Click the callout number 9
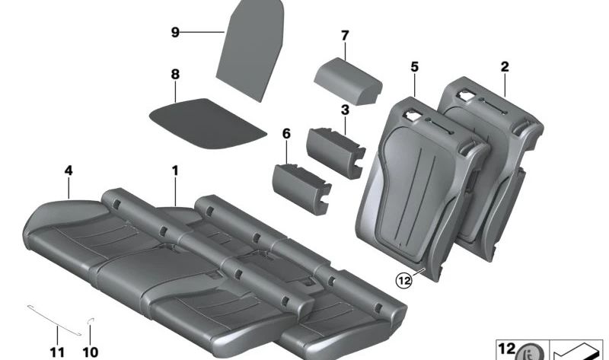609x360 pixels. [x=175, y=32]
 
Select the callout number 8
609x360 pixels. [x=175, y=74]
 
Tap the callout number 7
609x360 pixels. [x=345, y=36]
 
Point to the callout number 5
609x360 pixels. [x=414, y=67]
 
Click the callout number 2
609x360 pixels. [x=505, y=67]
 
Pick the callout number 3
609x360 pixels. [x=345, y=110]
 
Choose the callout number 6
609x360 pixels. [x=286, y=134]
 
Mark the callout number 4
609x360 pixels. [x=69, y=170]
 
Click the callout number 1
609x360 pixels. [x=175, y=170]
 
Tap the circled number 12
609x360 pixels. [x=404, y=280]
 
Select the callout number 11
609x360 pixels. [x=57, y=352]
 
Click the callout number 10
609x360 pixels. [x=91, y=352]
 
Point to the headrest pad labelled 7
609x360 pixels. [x=348, y=81]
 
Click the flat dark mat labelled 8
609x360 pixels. [x=208, y=123]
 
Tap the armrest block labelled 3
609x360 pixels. [x=335, y=153]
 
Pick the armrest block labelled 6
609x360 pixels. [x=301, y=189]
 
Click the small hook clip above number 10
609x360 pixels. [x=91, y=320]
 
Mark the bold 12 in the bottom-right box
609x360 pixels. [x=507, y=349]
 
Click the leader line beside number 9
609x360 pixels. [x=202, y=32]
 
